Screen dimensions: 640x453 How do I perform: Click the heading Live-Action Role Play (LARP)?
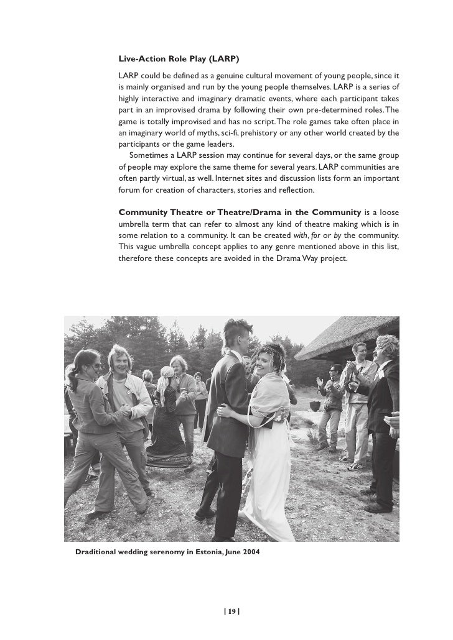pos(179,59)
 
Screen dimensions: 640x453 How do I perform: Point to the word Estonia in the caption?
pos(201,552)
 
